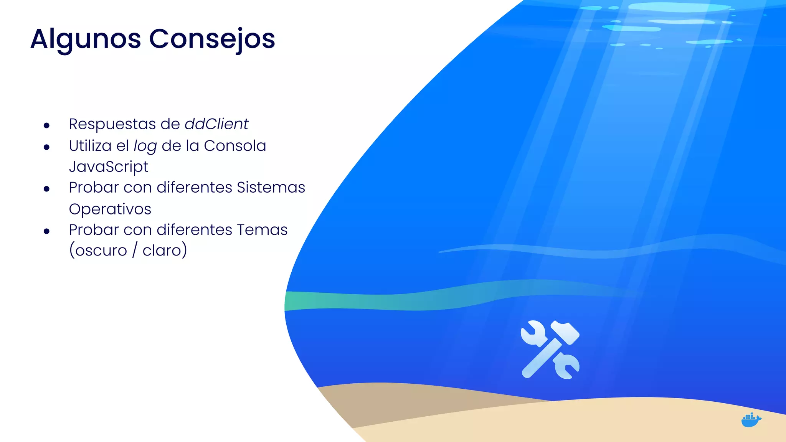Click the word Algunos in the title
[x=86, y=39]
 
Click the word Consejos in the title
[x=212, y=39]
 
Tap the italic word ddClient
[x=216, y=124]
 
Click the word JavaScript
[x=109, y=167]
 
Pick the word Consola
[x=235, y=146]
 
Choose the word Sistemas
[x=271, y=188]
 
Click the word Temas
[x=262, y=230]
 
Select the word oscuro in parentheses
[x=101, y=251]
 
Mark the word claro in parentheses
[x=162, y=251]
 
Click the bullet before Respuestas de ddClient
[x=47, y=125]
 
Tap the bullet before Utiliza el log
[x=47, y=147]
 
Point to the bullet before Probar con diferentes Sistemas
[x=47, y=189]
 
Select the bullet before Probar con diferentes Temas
[x=47, y=231]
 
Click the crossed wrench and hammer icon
[x=550, y=350]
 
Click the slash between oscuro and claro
[x=135, y=251]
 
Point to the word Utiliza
[x=90, y=146]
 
